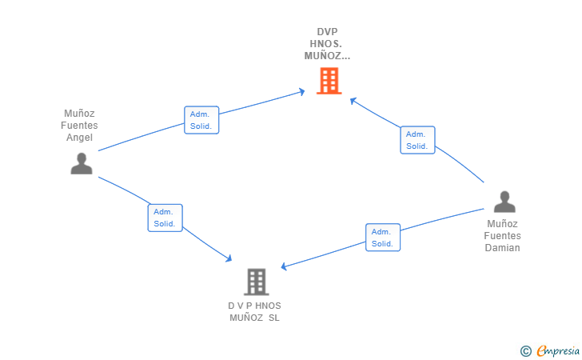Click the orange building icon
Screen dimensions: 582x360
(329, 81)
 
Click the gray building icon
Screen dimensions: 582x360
(257, 282)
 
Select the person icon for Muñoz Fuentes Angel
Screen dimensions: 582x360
(82, 163)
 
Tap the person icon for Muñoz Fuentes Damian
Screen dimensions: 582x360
(504, 202)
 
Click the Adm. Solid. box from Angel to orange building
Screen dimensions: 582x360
(201, 120)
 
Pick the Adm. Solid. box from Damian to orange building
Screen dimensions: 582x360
(417, 140)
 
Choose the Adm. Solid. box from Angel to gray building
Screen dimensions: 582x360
(165, 218)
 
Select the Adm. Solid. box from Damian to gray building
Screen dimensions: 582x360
(383, 238)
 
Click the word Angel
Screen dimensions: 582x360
(79, 138)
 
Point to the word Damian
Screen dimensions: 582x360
(502, 248)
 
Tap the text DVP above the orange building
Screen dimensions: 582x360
(328, 32)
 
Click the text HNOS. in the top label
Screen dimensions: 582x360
(326, 44)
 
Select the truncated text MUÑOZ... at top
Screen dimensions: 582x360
(327, 56)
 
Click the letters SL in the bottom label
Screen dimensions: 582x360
(274, 318)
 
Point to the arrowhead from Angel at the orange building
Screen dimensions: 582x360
(301, 91)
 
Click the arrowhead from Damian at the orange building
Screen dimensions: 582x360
(353, 101)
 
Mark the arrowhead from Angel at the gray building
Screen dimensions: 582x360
(229, 258)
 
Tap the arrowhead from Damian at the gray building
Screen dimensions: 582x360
(284, 266)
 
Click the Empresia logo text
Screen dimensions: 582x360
(558, 350)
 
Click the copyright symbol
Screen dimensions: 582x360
(525, 351)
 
